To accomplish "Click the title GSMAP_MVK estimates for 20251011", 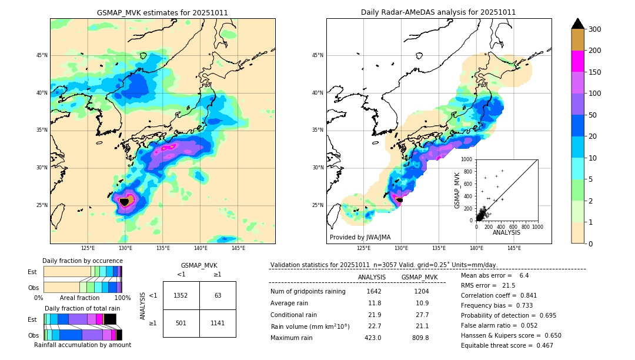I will point(162,12).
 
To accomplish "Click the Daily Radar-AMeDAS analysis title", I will point(438,12).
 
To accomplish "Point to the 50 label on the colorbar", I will point(594,115).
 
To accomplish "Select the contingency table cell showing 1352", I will point(181,295).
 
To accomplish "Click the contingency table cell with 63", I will point(218,295).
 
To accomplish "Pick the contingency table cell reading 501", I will point(181,323).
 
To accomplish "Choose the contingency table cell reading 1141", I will point(218,323).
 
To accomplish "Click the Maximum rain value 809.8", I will point(419,338).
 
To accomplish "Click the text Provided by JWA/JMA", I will point(360,238).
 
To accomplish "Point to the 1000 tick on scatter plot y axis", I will point(467,159).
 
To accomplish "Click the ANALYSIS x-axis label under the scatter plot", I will point(506,233).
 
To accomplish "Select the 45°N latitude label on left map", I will point(42,55).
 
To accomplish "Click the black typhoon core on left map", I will point(124,202).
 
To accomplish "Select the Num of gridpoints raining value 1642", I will point(374,291).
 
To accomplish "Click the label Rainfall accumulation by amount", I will point(82,345).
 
